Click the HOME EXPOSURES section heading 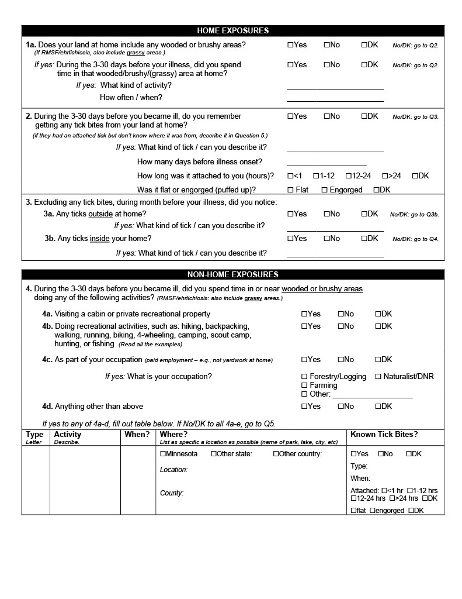click(232, 30)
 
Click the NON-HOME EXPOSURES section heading click(232, 274)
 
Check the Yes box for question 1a click(290, 45)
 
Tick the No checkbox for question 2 click(326, 116)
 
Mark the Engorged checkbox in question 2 click(324, 190)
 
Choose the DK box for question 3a click(364, 214)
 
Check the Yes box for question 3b click(290, 239)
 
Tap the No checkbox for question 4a click(341, 314)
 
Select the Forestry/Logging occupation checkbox click(304, 377)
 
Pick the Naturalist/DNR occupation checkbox click(378, 377)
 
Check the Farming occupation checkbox click(304, 385)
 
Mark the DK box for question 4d click(378, 407)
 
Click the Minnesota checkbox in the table click(163, 454)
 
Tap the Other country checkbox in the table click(276, 454)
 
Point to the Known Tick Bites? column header click(384, 435)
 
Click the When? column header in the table click(137, 435)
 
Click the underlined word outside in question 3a click(100, 214)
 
